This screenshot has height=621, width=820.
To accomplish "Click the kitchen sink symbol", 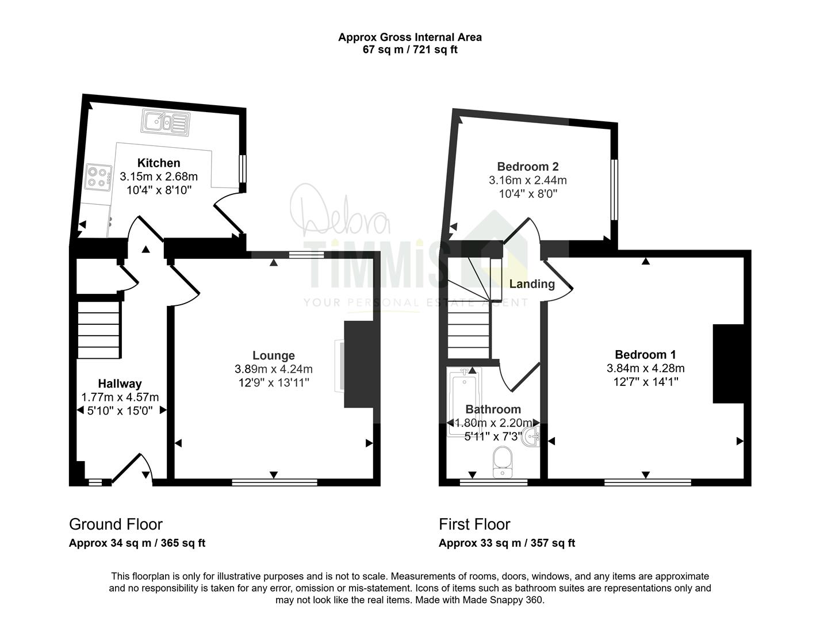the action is [165, 122].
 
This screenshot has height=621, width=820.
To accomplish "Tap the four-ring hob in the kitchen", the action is [98, 177].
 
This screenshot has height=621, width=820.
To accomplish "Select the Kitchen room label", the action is [159, 163].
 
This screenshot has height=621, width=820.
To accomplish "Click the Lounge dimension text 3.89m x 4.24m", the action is [274, 369].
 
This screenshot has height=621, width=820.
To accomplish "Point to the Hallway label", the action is [120, 384].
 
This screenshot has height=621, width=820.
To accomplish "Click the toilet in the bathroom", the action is [502, 462].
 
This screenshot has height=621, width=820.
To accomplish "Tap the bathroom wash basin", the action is [532, 436].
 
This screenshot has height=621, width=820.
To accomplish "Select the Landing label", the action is [532, 284].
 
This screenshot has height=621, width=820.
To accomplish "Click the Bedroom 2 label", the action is [527, 166].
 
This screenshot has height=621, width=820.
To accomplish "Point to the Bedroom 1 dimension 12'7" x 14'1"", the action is [646, 382].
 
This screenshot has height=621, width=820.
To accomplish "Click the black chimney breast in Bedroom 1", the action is [728, 364].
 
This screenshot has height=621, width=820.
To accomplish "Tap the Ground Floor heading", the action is [116, 524].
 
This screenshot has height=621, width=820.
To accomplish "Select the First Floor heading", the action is [474, 524].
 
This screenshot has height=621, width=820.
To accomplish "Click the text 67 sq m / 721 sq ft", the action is [410, 49].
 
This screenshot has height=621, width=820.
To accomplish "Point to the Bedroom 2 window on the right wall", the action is [614, 190].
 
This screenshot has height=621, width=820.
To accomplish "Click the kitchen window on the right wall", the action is [243, 168].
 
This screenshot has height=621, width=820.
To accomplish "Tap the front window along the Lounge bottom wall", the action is [274, 482].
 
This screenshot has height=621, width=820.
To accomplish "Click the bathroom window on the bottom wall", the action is [493, 482].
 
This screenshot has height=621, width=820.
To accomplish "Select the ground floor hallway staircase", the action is [99, 330].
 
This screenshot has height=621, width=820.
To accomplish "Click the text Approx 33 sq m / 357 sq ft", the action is [507, 543].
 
